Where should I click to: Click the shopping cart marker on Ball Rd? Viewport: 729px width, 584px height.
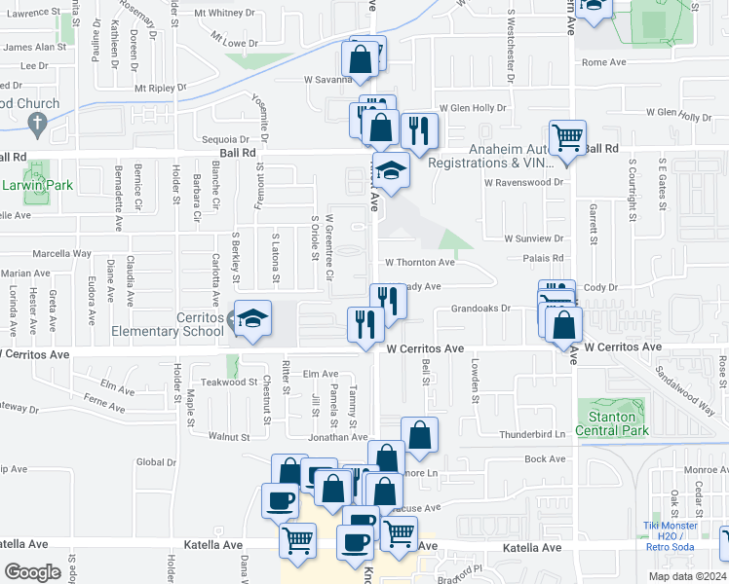pos(567,138)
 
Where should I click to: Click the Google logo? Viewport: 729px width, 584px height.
pos(32,571)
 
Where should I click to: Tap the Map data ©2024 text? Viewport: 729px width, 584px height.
pos(686,576)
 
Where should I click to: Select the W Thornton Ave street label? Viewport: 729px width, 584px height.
pos(419,263)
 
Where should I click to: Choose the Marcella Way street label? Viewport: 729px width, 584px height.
pos(60,254)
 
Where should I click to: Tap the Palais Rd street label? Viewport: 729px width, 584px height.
pos(544,258)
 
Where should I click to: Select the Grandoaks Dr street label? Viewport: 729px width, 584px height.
pos(480,310)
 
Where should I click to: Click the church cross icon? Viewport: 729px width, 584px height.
pos(38,124)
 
